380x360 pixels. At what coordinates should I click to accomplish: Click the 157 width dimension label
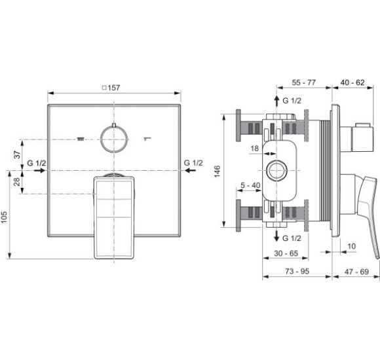[x=111, y=88]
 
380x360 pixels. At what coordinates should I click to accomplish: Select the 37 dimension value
[x=17, y=154]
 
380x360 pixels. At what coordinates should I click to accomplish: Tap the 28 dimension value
[x=17, y=181]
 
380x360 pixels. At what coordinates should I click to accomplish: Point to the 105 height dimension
[x=4, y=217]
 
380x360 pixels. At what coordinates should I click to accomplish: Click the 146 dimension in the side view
[x=217, y=171]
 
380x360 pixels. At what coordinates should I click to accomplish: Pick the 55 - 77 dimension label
[x=303, y=82]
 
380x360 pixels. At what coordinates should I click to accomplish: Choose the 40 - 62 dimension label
[x=352, y=82]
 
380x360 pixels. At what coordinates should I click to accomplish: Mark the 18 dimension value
[x=254, y=148]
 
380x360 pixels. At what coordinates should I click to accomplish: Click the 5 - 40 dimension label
[x=250, y=185]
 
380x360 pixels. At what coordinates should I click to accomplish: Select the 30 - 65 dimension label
[x=286, y=253]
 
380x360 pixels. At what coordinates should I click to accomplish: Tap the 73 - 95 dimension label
[x=297, y=271]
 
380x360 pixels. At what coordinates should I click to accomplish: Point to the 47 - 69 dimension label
[x=356, y=272]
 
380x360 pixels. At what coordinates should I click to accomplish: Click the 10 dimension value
[x=351, y=246]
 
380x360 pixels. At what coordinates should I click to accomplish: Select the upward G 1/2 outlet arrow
[x=276, y=101]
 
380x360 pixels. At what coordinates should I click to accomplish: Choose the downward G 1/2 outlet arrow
[x=276, y=236]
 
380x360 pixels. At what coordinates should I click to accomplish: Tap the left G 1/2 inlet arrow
[x=40, y=170]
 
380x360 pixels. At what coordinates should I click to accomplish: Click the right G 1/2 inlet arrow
[x=190, y=170]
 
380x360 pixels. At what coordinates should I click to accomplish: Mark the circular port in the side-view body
[x=267, y=171]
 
